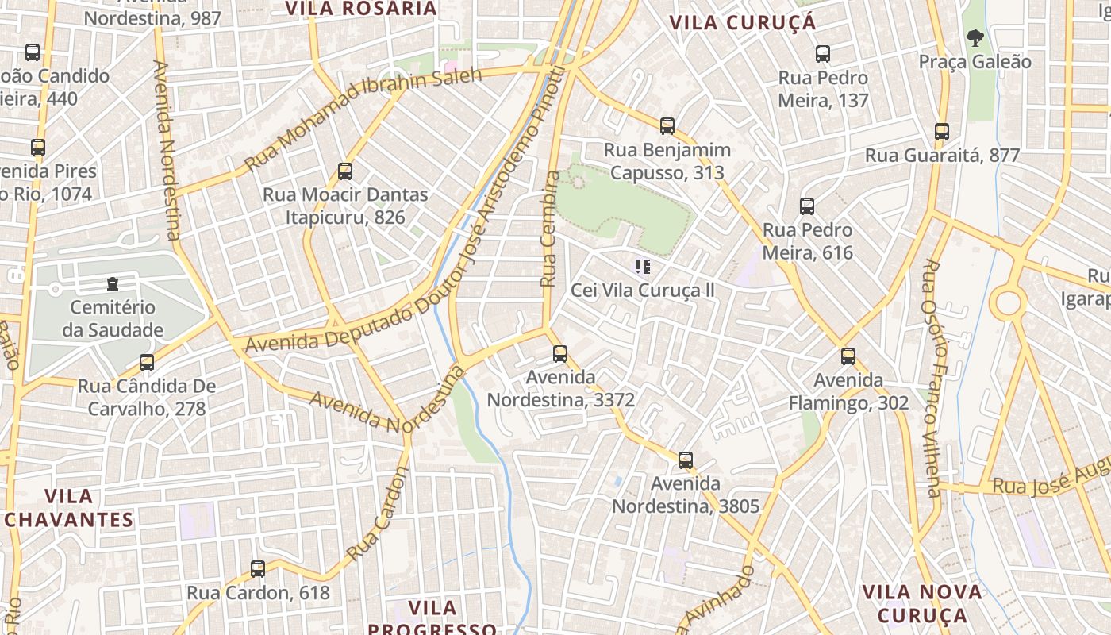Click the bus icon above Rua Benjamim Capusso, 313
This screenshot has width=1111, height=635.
click(667, 126)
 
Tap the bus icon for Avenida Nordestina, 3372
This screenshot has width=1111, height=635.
click(560, 354)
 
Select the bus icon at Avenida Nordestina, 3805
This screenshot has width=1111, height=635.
click(686, 460)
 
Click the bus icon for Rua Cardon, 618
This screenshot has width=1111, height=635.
click(258, 569)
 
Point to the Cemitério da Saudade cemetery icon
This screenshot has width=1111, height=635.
click(113, 284)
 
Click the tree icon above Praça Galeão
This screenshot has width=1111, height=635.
click(975, 37)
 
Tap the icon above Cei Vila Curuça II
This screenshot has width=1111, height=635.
click(643, 267)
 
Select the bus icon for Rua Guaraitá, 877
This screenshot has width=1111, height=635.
click(942, 132)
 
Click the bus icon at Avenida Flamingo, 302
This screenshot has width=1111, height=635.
click(848, 356)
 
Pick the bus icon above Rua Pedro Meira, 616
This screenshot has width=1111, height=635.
click(807, 206)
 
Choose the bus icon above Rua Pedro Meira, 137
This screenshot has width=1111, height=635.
click(823, 54)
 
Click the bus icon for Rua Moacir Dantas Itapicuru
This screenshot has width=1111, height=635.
click(345, 171)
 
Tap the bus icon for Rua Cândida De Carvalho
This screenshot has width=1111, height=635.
click(147, 363)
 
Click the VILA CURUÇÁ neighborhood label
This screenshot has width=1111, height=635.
click(743, 22)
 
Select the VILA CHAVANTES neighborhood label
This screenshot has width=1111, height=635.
click(68, 508)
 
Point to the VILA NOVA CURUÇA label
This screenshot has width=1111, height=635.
click(922, 603)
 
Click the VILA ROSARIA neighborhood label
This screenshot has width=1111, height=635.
click(361, 9)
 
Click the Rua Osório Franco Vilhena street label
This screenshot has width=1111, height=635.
click(931, 378)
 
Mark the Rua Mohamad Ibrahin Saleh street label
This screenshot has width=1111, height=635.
click(363, 120)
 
